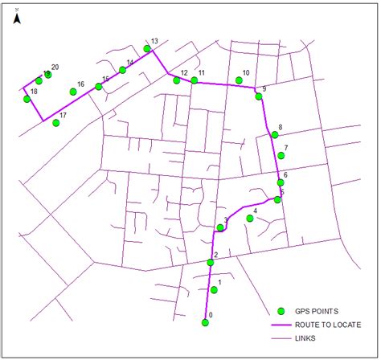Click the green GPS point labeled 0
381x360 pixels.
[205, 323]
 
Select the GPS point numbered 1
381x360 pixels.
[214, 290]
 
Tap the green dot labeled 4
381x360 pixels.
[251, 218]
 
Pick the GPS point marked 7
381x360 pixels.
[281, 156]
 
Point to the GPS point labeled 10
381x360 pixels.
[240, 80]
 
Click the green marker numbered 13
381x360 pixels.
[147, 49]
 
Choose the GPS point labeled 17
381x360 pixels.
[56, 123]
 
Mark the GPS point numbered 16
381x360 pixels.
[73, 92]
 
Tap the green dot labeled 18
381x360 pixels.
[27, 99]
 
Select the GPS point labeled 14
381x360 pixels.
[122, 70]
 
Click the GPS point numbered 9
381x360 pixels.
[259, 96]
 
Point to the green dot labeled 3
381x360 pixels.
[220, 228]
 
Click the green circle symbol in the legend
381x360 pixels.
[281, 311]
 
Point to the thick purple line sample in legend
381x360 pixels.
[281, 325]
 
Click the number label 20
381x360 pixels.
[55, 67]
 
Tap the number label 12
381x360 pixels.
[184, 73]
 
